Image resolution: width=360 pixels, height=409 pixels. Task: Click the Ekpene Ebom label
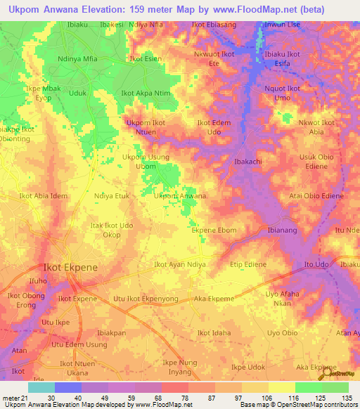pos(214,230)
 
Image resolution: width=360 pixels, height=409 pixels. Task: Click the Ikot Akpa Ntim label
pos(146,93)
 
